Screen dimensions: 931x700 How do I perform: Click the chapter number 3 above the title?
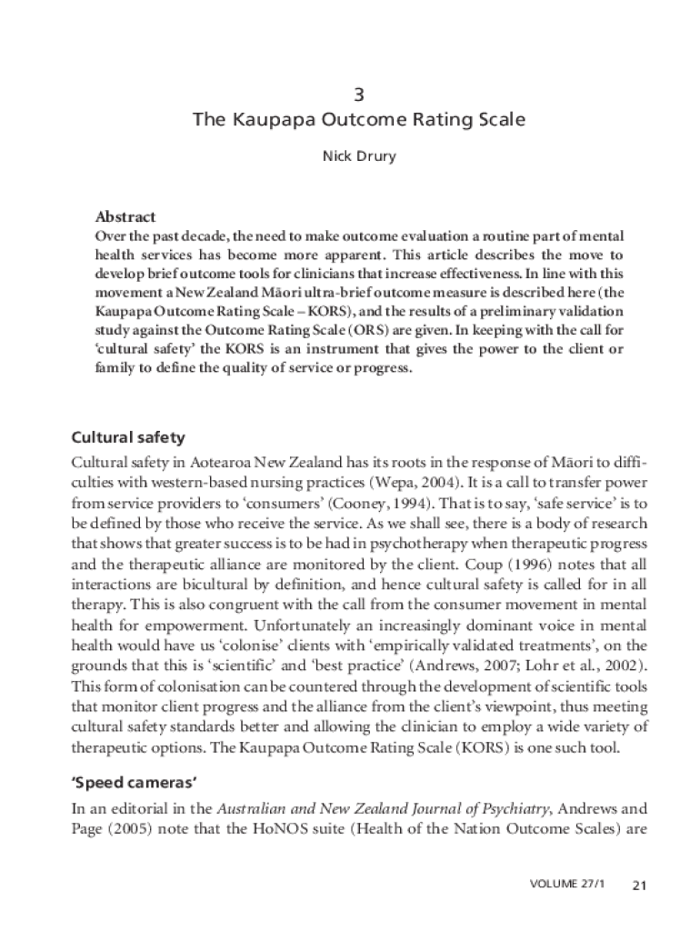point(358,95)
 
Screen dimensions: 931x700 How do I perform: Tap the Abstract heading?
point(125,216)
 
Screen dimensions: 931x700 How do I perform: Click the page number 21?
point(638,886)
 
